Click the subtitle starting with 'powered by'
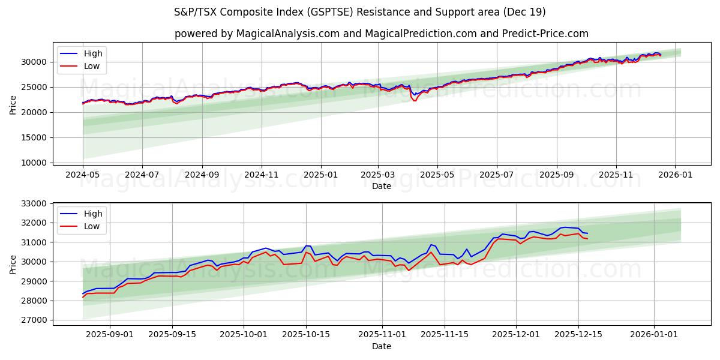(381, 34)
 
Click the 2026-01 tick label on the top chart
(675, 175)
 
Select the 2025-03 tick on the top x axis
(378, 175)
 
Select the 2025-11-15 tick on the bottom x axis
(445, 334)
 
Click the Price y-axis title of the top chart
(13, 104)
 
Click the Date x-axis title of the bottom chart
(381, 346)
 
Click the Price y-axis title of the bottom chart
(13, 264)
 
